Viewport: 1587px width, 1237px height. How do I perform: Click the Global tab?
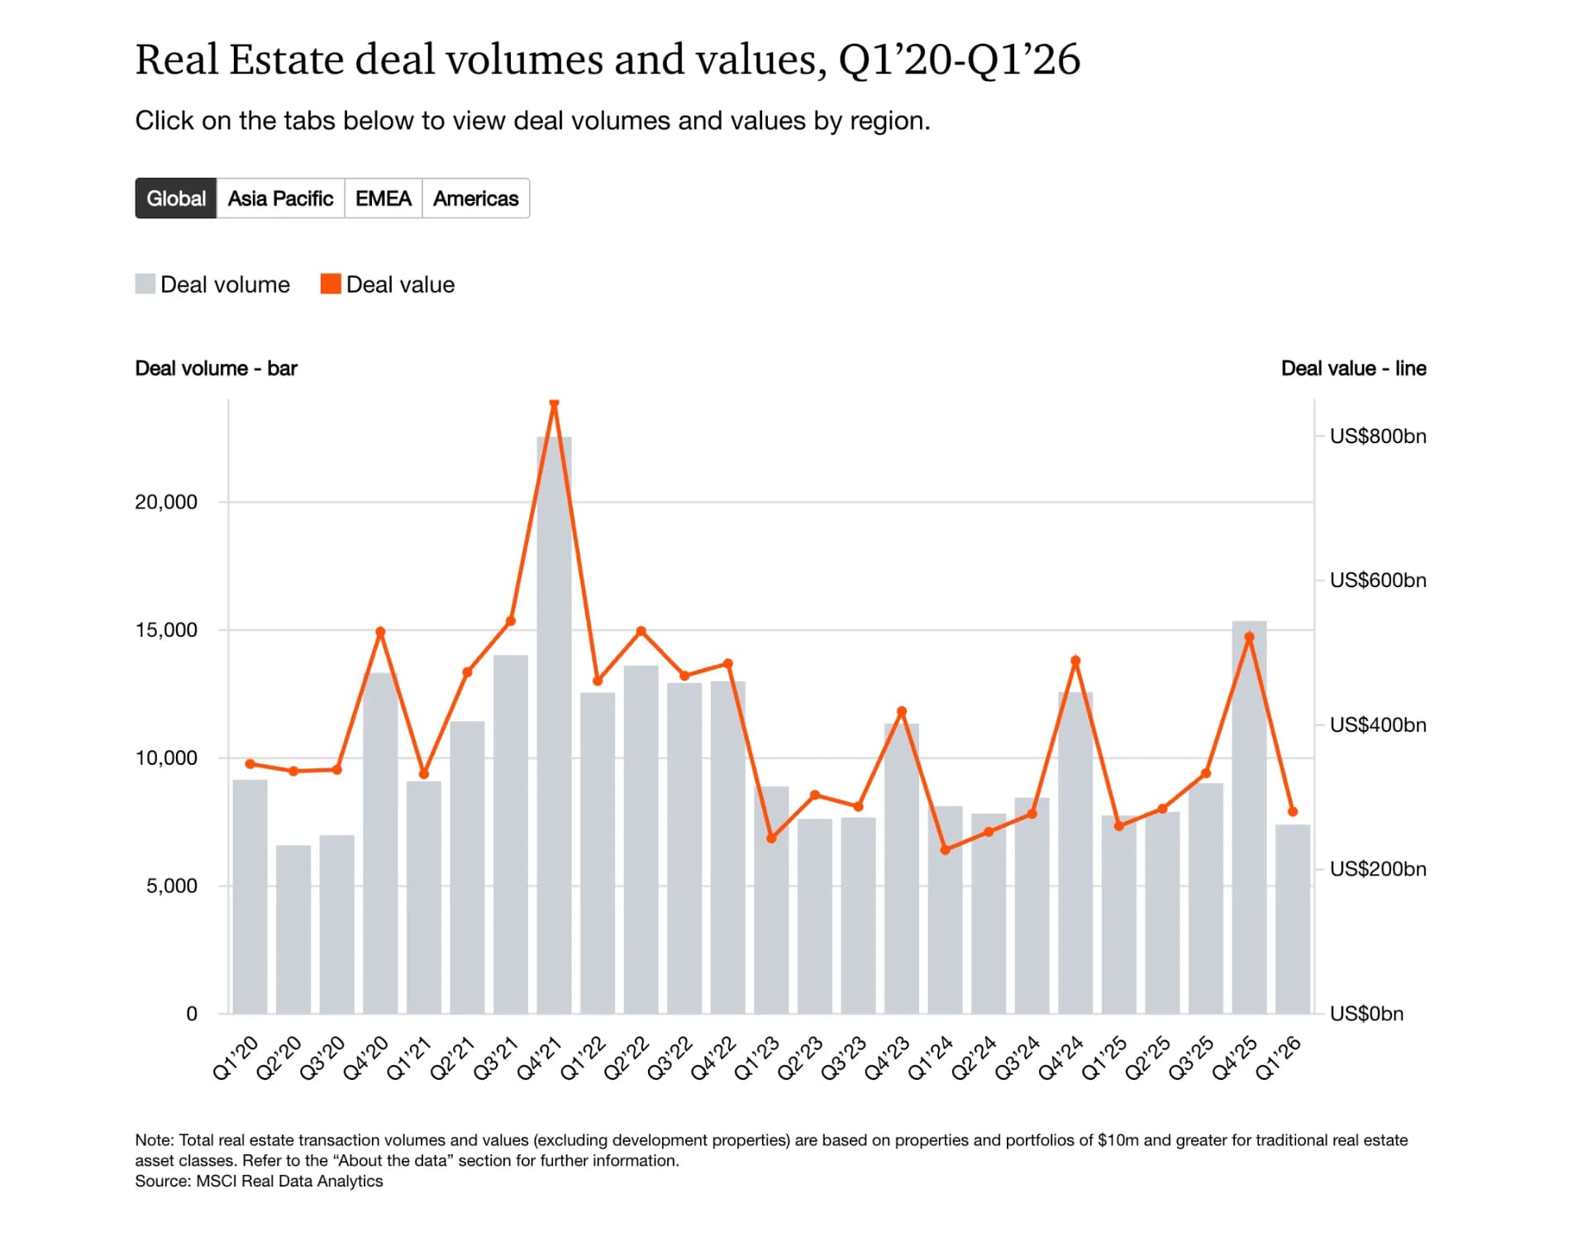pyautogui.click(x=176, y=198)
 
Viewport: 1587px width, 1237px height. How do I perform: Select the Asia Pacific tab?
pyautogui.click(x=280, y=198)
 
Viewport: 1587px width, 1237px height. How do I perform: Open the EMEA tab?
pyautogui.click(x=384, y=198)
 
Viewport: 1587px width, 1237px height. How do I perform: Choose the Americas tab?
pyautogui.click(x=476, y=198)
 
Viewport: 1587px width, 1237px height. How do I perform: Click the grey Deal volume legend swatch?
pyautogui.click(x=145, y=284)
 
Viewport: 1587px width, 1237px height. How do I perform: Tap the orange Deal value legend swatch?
pyautogui.click(x=331, y=284)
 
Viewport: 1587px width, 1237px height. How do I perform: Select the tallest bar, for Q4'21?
pyautogui.click(x=554, y=725)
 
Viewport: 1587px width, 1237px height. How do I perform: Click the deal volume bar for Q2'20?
pyautogui.click(x=293, y=929)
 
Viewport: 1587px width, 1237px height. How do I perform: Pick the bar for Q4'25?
pyautogui.click(x=1249, y=817)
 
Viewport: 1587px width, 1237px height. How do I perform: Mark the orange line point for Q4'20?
pyautogui.click(x=380, y=632)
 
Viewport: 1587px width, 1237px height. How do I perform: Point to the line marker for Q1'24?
pyautogui.click(x=946, y=850)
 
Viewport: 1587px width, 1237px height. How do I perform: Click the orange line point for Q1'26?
pyautogui.click(x=1293, y=812)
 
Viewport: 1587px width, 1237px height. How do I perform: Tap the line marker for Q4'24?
pyautogui.click(x=1075, y=661)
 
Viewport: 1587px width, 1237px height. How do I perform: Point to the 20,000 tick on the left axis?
pyautogui.click(x=166, y=502)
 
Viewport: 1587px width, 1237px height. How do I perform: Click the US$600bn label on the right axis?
pyautogui.click(x=1378, y=580)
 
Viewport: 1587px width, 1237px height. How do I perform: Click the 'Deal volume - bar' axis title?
pyautogui.click(x=216, y=369)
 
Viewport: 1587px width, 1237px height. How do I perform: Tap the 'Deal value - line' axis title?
pyautogui.click(x=1354, y=369)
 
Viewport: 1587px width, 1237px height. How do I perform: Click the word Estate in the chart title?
pyautogui.click(x=286, y=60)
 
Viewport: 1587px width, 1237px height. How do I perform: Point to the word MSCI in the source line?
pyautogui.click(x=216, y=1181)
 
